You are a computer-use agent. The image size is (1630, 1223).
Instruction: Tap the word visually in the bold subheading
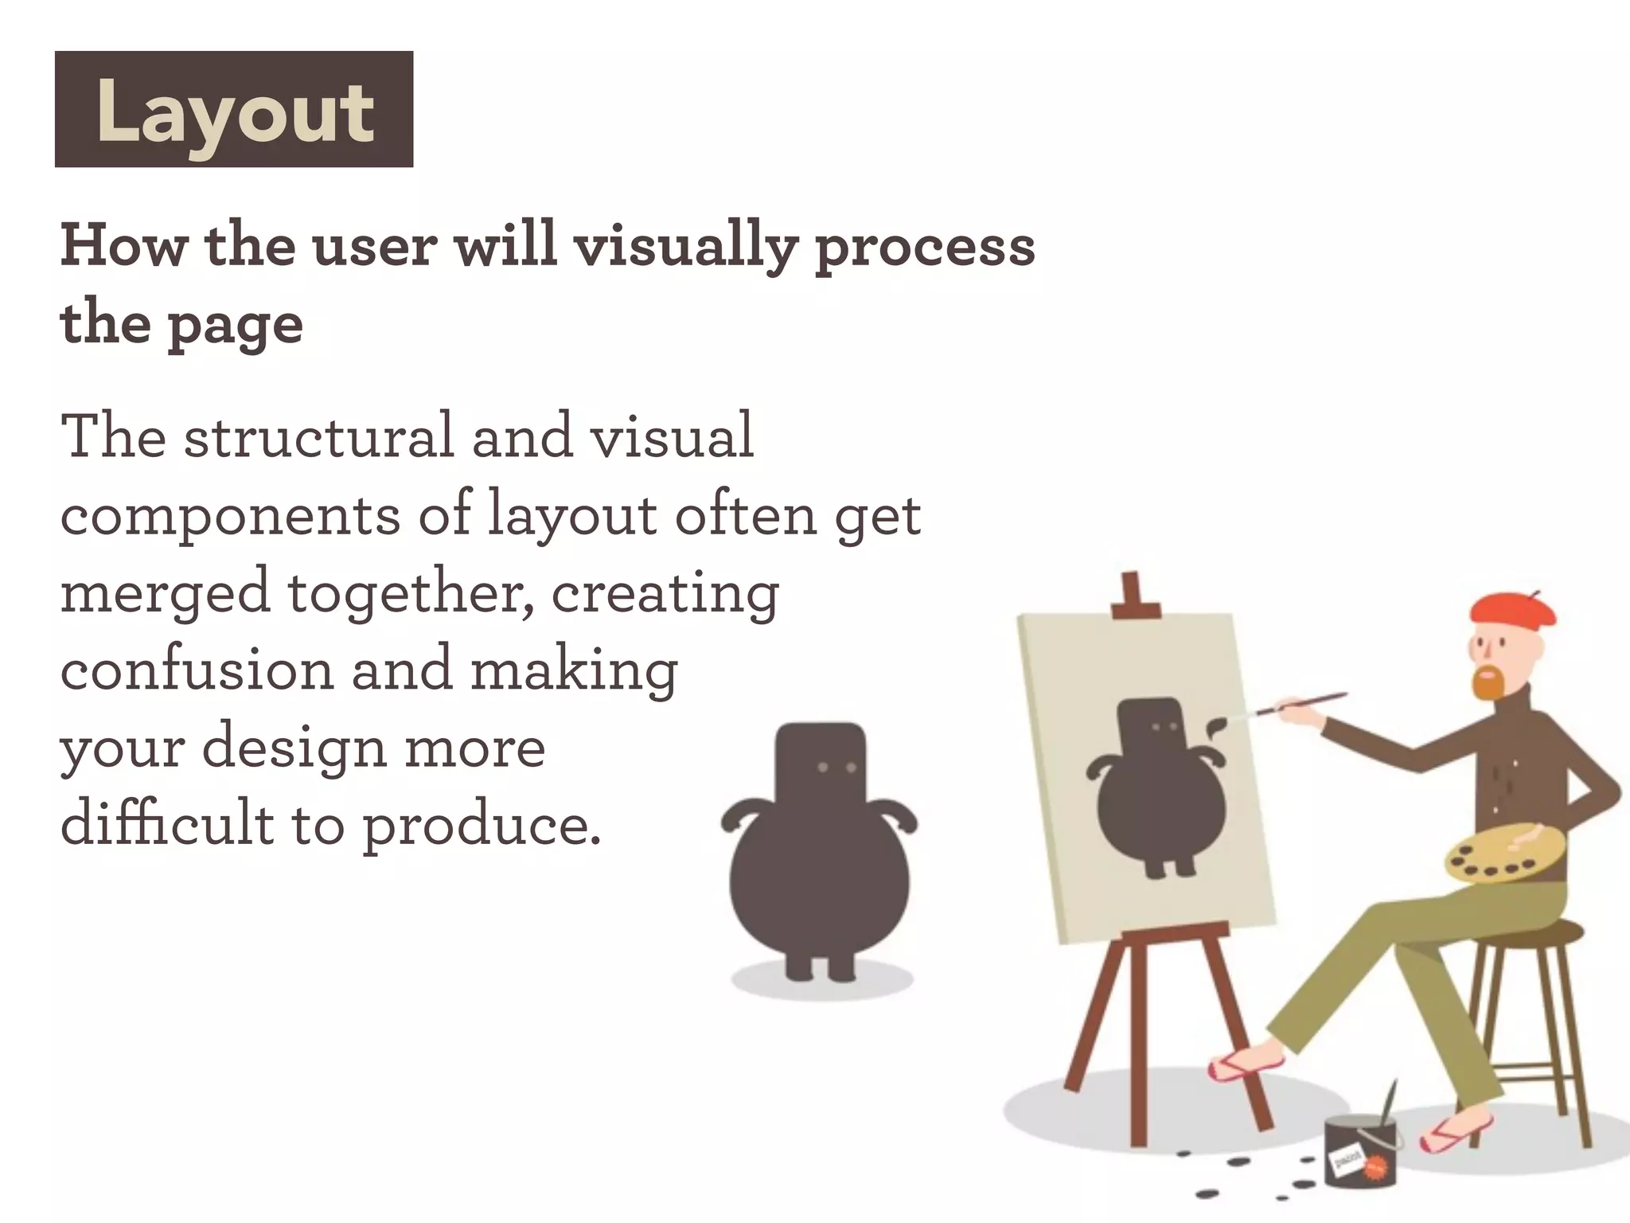(x=684, y=247)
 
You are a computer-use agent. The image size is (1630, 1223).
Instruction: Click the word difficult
(x=167, y=824)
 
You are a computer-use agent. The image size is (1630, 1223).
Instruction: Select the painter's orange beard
(x=1487, y=683)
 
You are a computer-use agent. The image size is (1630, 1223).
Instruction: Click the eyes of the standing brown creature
(x=836, y=768)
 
